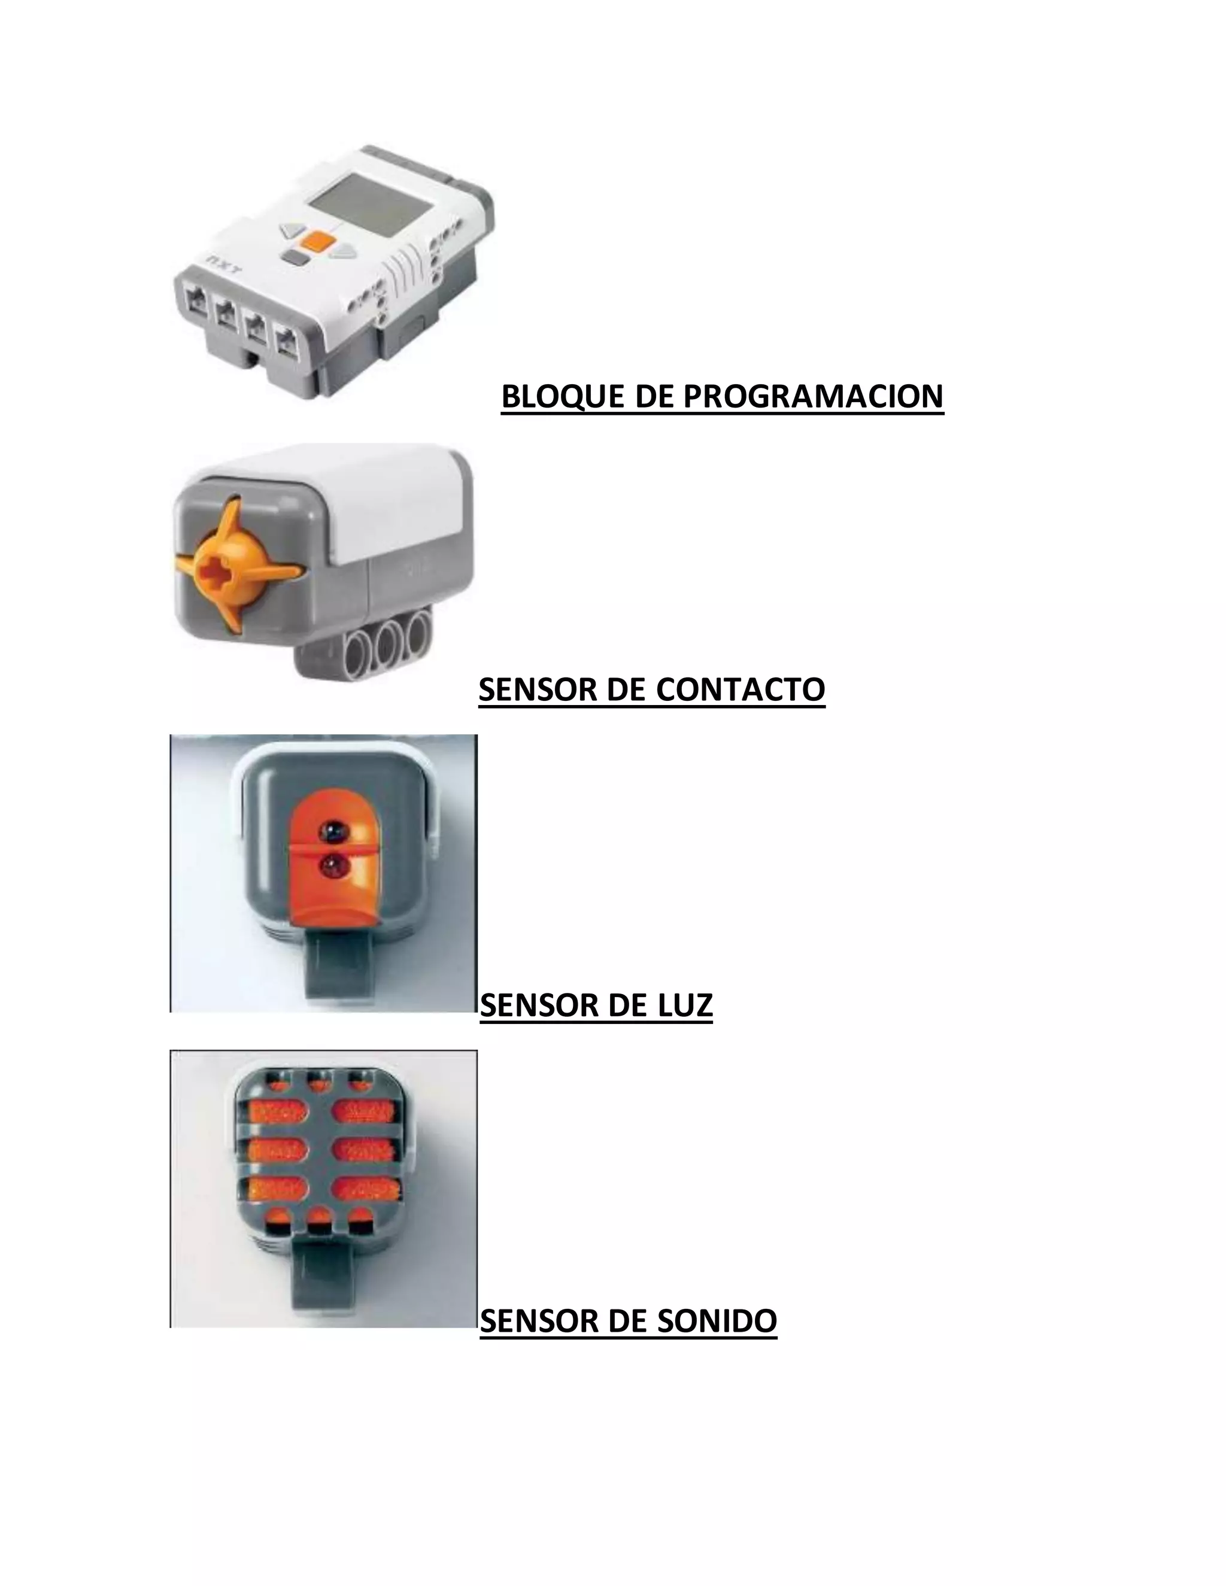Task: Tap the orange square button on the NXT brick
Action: pos(320,242)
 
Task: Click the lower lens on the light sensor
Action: pos(335,865)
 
